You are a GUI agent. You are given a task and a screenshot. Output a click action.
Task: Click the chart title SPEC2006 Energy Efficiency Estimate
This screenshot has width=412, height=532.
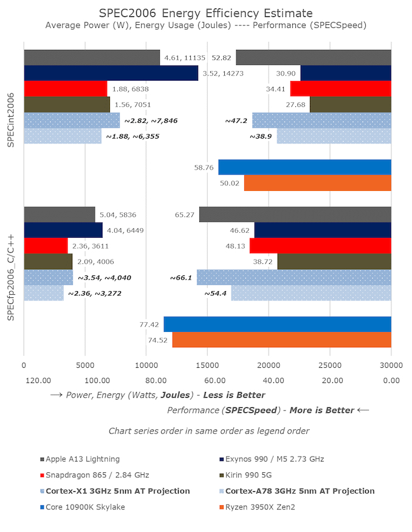[206, 13]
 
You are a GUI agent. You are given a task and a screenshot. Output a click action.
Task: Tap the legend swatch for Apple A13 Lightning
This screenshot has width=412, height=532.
[42, 459]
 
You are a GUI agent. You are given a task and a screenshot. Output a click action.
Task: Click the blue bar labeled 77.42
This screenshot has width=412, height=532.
[277, 324]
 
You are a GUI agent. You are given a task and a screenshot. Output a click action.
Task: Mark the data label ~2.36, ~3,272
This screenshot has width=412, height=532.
[100, 293]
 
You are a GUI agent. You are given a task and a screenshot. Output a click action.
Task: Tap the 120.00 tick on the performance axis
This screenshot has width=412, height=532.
[37, 381]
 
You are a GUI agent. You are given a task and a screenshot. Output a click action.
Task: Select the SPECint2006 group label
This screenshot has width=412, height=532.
[10, 120]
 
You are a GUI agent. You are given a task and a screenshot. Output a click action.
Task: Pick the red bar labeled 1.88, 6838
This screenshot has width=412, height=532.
[66, 89]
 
